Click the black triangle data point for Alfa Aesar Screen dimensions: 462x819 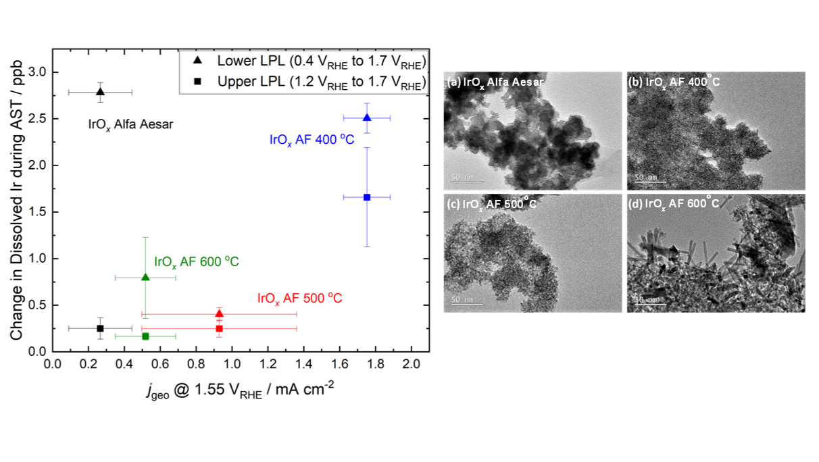(x=100, y=92)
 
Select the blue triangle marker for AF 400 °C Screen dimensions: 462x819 (x=367, y=118)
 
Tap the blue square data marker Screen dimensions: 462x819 (x=367, y=197)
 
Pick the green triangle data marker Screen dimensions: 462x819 (x=145, y=277)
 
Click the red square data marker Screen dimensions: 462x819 (x=219, y=329)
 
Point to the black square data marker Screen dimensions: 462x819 (x=100, y=328)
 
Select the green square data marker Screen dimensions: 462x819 (x=145, y=336)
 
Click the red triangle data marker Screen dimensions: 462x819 (x=219, y=313)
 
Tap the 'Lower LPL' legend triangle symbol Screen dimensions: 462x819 (x=197, y=61)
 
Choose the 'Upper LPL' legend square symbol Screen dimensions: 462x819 (x=197, y=82)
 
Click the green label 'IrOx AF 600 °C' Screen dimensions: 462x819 (x=197, y=262)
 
